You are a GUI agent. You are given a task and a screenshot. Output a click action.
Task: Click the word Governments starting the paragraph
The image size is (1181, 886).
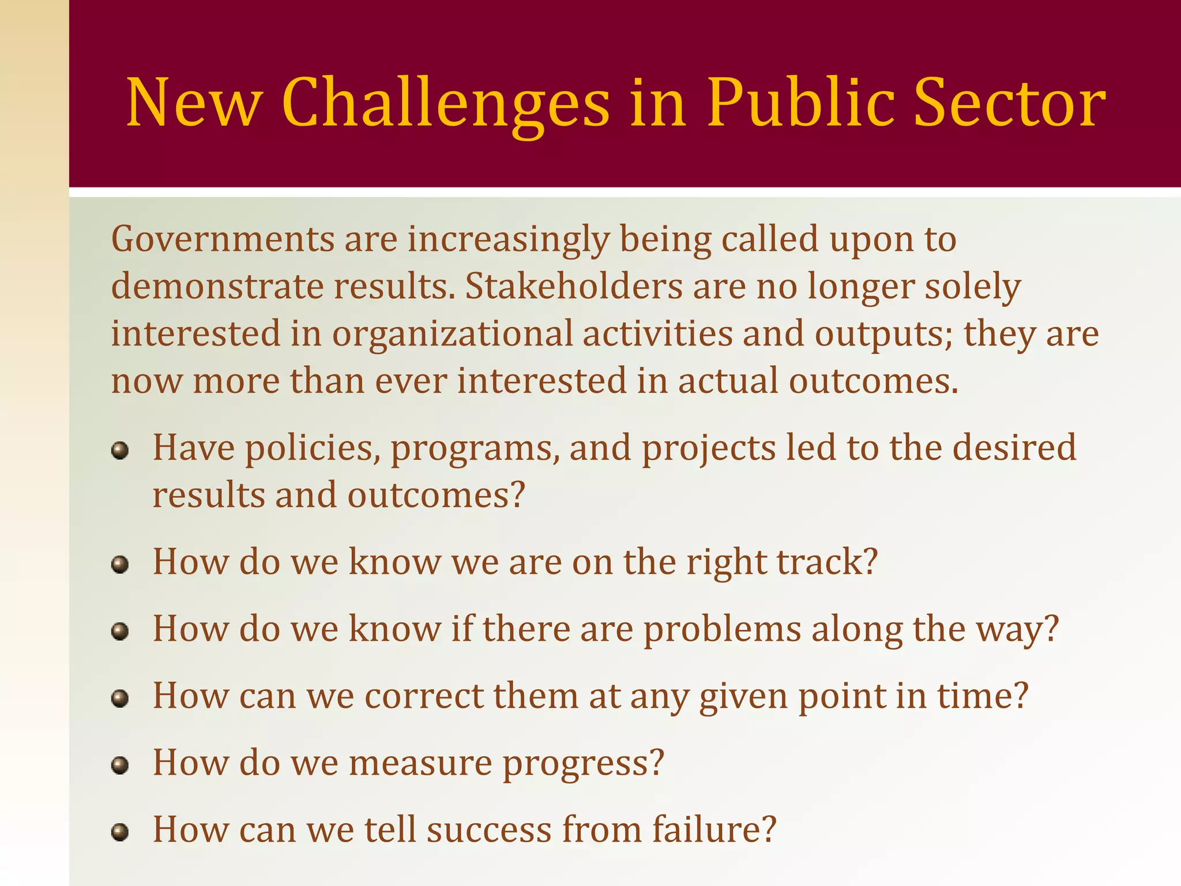223,239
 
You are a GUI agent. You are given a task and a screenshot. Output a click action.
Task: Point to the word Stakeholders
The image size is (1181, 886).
574,287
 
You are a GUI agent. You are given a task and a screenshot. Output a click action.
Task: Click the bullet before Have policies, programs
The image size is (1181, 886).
120,450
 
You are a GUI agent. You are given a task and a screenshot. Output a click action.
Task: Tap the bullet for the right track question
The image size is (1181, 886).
120,564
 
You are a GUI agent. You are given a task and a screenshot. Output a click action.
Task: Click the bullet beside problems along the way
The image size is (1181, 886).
120,631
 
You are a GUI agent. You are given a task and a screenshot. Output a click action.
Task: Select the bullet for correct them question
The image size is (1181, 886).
120,699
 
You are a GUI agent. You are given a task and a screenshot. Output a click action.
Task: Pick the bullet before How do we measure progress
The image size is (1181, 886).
120,765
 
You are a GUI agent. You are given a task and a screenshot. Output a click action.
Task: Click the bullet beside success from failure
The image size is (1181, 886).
120,832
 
